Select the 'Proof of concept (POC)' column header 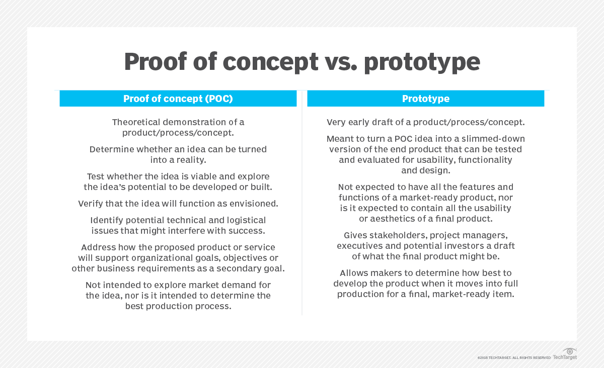(x=178, y=99)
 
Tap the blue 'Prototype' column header (x=425, y=99)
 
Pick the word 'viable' (x=194, y=176)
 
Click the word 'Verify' (x=91, y=204)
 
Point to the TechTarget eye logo (x=570, y=351)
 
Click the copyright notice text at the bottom (x=514, y=357)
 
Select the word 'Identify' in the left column (x=107, y=220)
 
